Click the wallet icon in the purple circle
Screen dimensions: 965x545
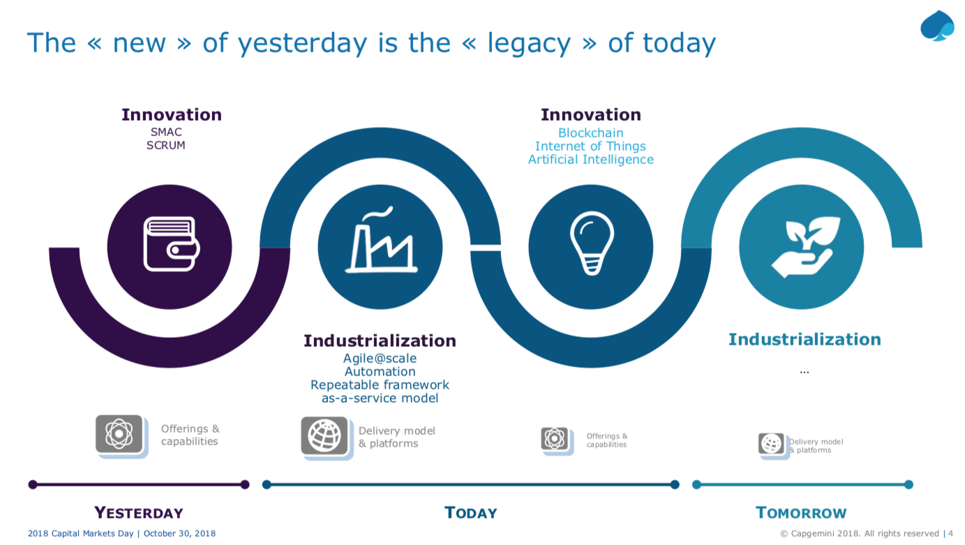pyautogui.click(x=172, y=244)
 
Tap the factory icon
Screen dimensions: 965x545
pyautogui.click(x=381, y=239)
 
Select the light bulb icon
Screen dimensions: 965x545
pyautogui.click(x=592, y=244)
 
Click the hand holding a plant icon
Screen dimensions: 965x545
pyautogui.click(x=805, y=246)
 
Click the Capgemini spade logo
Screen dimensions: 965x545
pyautogui.click(x=937, y=26)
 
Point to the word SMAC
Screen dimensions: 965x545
pyautogui.click(x=166, y=132)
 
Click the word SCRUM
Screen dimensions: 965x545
pyautogui.click(x=166, y=145)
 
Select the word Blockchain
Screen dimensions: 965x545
pyautogui.click(x=590, y=133)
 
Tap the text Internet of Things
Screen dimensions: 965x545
pyautogui.click(x=590, y=146)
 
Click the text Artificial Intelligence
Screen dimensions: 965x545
pyautogui.click(x=590, y=159)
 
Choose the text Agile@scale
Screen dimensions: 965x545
pyautogui.click(x=380, y=359)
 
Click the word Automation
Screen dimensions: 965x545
pyautogui.click(x=380, y=371)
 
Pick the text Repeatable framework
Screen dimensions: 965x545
pyautogui.click(x=380, y=385)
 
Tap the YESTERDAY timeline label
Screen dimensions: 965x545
pyautogui.click(x=139, y=513)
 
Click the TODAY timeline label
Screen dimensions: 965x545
pyautogui.click(x=471, y=513)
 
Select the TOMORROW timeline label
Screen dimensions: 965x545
pyautogui.click(x=801, y=513)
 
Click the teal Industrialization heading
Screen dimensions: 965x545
pyautogui.click(x=805, y=340)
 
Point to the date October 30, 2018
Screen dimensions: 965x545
pyautogui.click(x=179, y=533)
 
